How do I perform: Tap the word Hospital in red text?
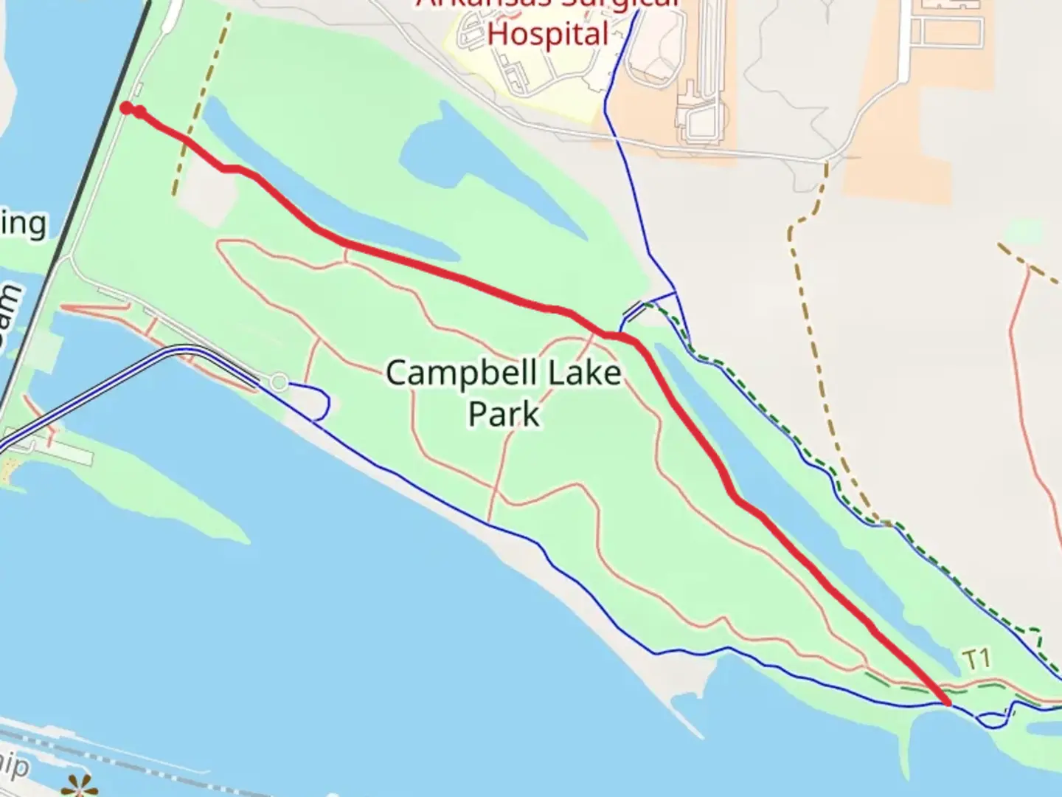(549, 34)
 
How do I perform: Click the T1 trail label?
(976, 659)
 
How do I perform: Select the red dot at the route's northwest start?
(126, 108)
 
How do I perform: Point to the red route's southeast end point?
(947, 702)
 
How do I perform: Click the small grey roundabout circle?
(279, 382)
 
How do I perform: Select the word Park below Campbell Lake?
(504, 413)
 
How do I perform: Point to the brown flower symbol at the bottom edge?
(79, 787)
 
